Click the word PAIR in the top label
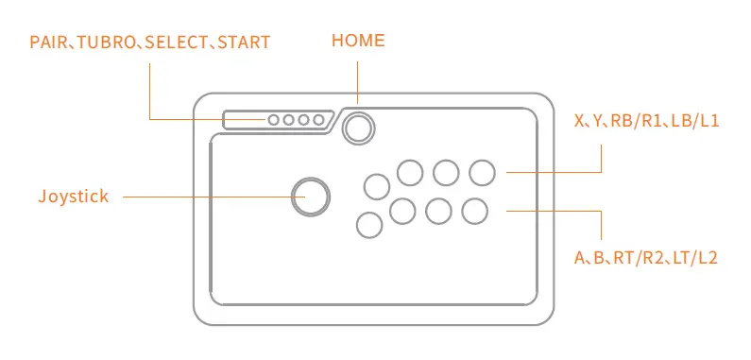tap(46, 43)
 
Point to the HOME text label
tap(358, 41)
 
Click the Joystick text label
tap(74, 197)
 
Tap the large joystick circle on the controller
tap(311, 196)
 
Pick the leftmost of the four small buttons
tap(274, 121)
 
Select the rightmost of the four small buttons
tap(319, 121)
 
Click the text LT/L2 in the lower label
tap(697, 257)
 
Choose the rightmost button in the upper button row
tap(482, 172)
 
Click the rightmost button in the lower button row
tap(474, 211)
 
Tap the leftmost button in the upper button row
tap(376, 185)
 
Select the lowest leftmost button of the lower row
tap(368, 224)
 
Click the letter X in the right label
tap(580, 122)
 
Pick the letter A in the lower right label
tap(580, 257)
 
